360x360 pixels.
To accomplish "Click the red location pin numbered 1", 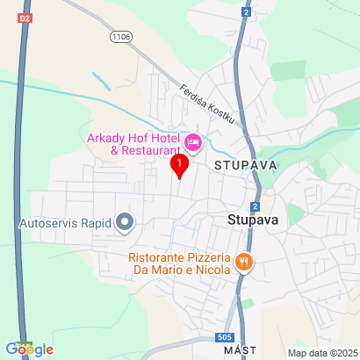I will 180,164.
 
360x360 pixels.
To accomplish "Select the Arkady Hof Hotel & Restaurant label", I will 132,143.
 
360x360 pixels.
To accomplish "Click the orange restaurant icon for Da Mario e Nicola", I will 244,261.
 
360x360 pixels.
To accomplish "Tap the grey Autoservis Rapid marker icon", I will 125,222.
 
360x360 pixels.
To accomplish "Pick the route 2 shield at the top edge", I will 248,13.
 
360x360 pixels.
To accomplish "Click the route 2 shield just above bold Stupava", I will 255,205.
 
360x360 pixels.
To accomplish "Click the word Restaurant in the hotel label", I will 148,150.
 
